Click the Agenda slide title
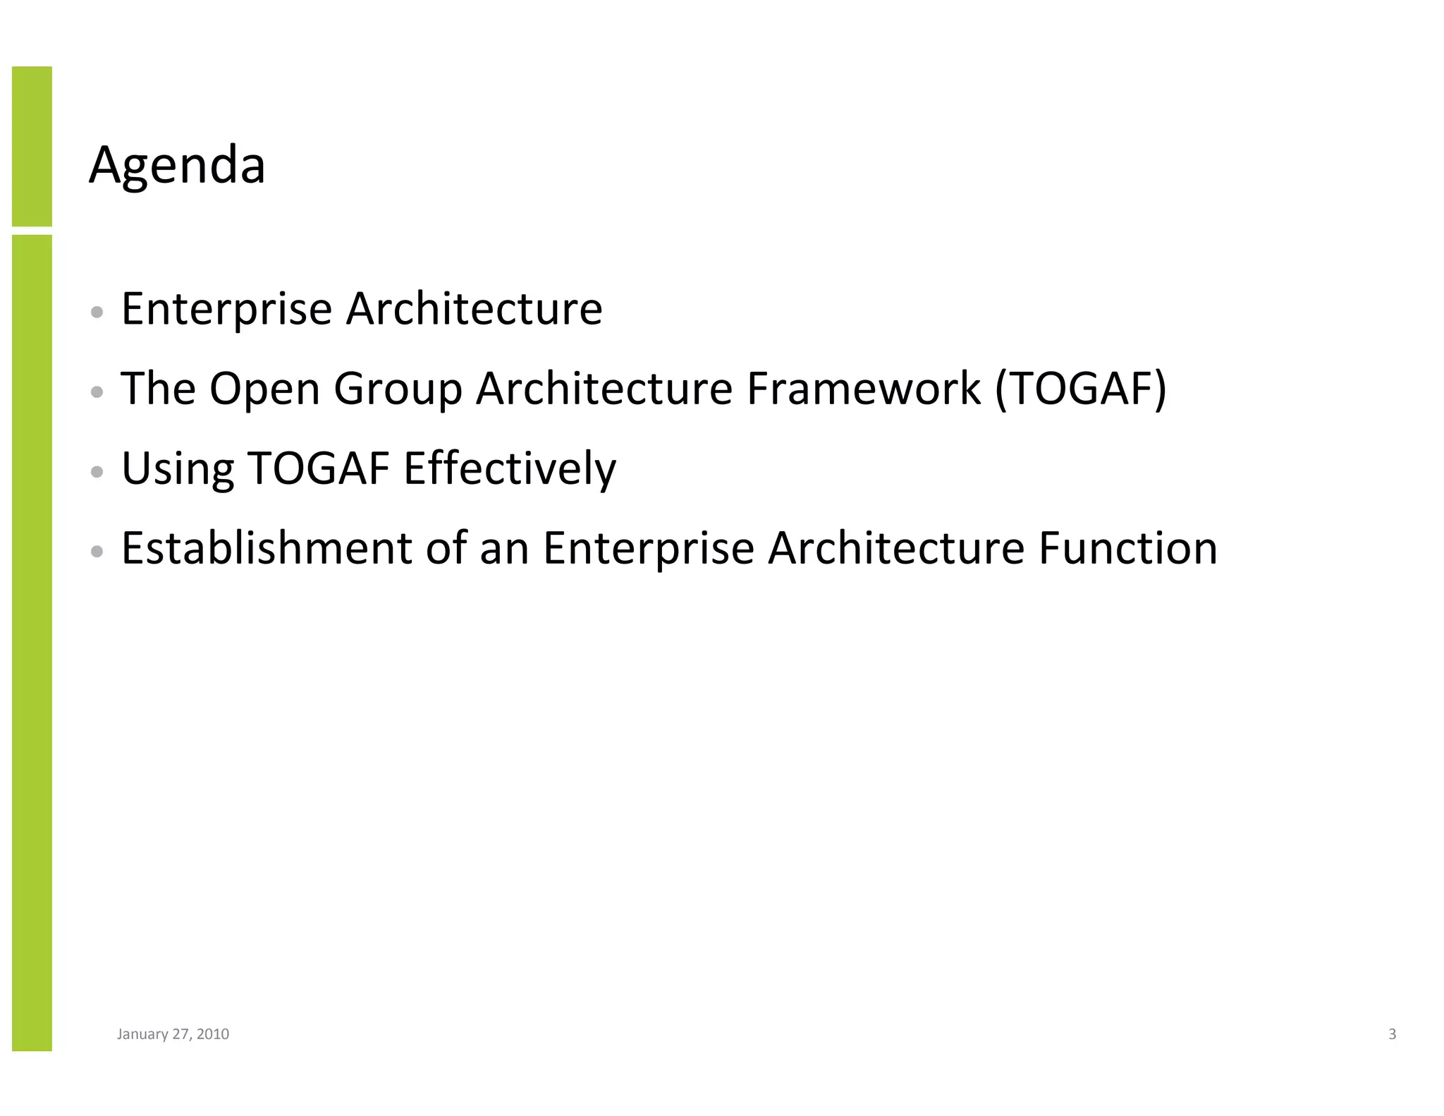click(177, 166)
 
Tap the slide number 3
click(1392, 1034)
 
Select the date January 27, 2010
click(173, 1034)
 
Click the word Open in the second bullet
click(265, 389)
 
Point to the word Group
click(398, 389)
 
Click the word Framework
click(863, 389)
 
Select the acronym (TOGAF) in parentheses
click(1080, 389)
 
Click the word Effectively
click(509, 468)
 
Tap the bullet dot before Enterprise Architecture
click(98, 311)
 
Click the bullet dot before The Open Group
click(98, 392)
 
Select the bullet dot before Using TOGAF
click(98, 471)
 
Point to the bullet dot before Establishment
click(98, 551)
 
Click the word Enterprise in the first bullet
click(226, 309)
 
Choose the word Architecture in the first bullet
click(474, 309)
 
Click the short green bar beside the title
click(32, 146)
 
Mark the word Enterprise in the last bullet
click(648, 548)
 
